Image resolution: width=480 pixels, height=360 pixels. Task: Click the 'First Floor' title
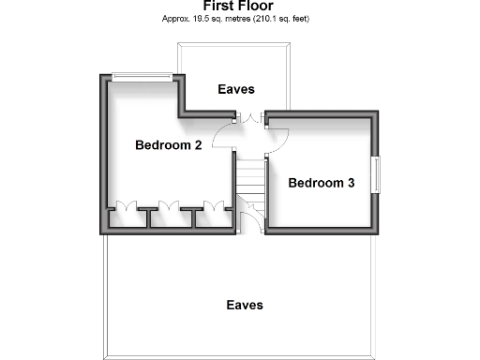pos(238,6)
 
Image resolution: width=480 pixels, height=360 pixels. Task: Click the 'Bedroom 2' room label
pos(169,145)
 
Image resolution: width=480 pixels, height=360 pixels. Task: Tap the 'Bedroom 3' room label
pos(321,183)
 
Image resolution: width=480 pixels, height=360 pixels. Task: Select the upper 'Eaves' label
pos(236,90)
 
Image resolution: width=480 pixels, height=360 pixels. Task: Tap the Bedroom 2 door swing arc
pos(223,137)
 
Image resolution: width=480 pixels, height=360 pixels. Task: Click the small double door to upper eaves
pos(248,117)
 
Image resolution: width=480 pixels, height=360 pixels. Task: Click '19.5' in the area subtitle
pos(197,19)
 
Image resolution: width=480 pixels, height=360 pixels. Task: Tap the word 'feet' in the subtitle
pos(301,19)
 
